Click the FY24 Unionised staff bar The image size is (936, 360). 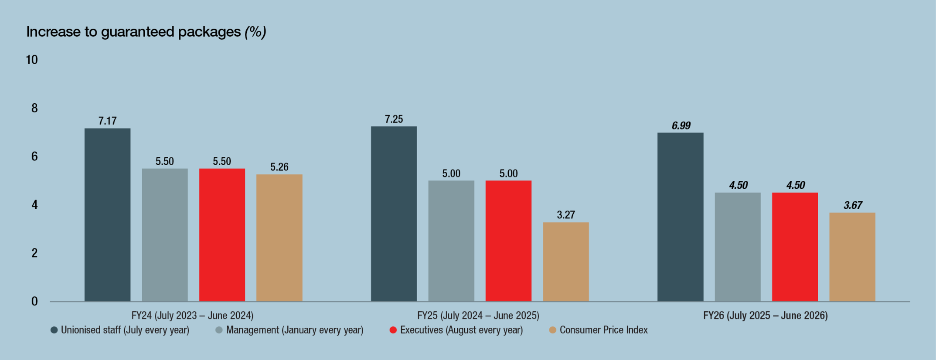click(107, 215)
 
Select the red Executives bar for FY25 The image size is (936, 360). click(508, 241)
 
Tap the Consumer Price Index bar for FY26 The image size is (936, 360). click(852, 257)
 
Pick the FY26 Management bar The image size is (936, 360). click(738, 247)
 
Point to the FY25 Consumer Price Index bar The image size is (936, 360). click(566, 262)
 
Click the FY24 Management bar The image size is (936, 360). click(165, 235)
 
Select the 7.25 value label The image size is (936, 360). click(394, 119)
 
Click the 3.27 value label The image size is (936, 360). click(566, 215)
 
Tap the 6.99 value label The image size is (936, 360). click(681, 126)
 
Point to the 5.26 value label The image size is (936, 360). click(279, 167)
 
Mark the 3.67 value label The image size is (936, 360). click(853, 205)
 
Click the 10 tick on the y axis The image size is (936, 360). click(32, 60)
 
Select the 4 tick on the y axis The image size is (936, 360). click(34, 205)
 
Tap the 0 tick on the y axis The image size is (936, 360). click(34, 302)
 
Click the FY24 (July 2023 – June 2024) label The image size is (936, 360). click(192, 316)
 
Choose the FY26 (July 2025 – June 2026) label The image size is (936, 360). click(765, 316)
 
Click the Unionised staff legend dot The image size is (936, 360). click(54, 330)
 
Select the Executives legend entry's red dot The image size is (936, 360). click(393, 330)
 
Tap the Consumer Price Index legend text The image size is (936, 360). click(604, 330)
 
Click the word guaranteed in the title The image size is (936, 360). click(138, 32)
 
